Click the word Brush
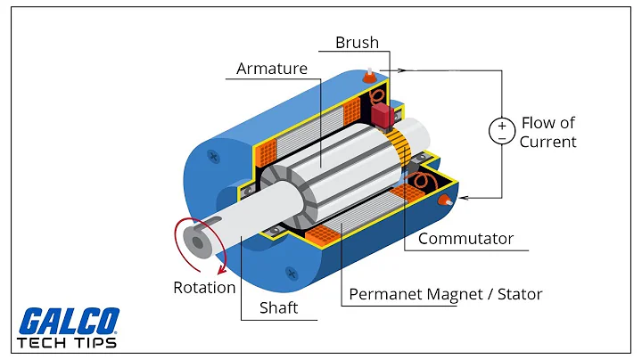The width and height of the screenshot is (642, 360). (357, 42)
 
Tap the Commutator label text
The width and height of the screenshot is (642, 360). (465, 238)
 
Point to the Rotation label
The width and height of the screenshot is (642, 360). (204, 287)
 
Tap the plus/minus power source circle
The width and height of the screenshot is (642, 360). (500, 132)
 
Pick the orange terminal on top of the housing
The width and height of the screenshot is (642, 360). (366, 78)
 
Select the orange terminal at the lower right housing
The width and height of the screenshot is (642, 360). (441, 202)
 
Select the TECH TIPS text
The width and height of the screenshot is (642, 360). (66, 343)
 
